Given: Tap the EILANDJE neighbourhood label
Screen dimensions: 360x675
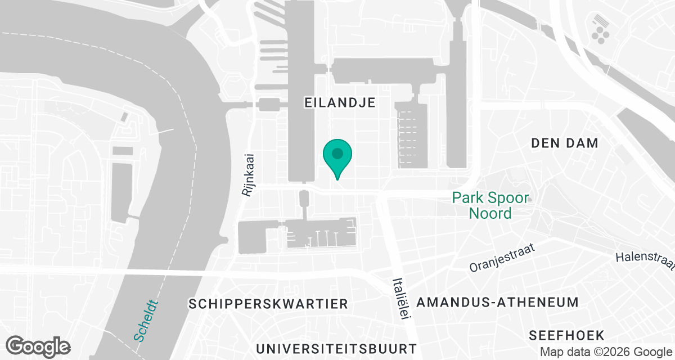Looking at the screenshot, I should [x=339, y=102].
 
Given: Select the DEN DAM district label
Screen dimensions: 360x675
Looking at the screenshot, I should [x=565, y=143].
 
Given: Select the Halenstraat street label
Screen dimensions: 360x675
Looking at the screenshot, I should [x=645, y=260].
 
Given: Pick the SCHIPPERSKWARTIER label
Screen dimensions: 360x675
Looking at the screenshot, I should [x=269, y=304].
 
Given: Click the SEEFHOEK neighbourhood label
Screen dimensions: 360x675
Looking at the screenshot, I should [x=566, y=336].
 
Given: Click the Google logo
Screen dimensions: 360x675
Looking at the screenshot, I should [x=39, y=346].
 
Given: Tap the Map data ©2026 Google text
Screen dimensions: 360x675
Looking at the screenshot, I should [x=605, y=352].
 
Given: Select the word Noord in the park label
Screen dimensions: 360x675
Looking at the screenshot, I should [x=490, y=213].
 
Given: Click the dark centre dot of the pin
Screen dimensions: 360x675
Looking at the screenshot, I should [x=337, y=153].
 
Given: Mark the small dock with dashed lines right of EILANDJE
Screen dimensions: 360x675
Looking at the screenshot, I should [x=412, y=135].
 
